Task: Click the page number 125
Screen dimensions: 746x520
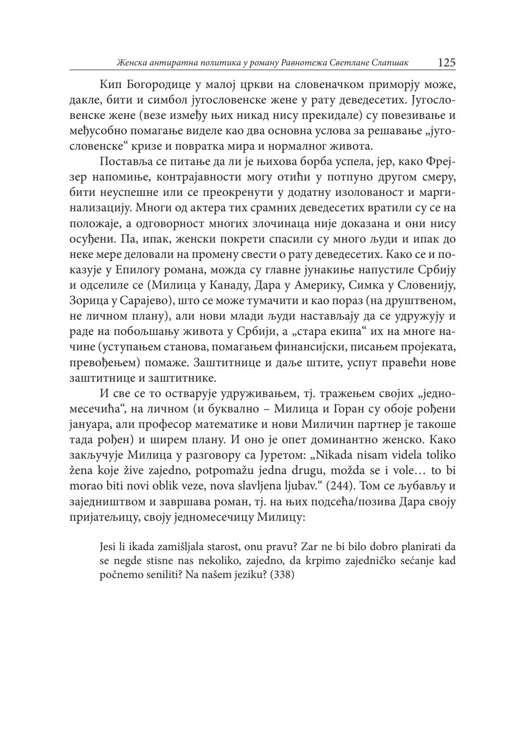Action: [x=446, y=63]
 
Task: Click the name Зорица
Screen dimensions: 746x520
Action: [x=86, y=302]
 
